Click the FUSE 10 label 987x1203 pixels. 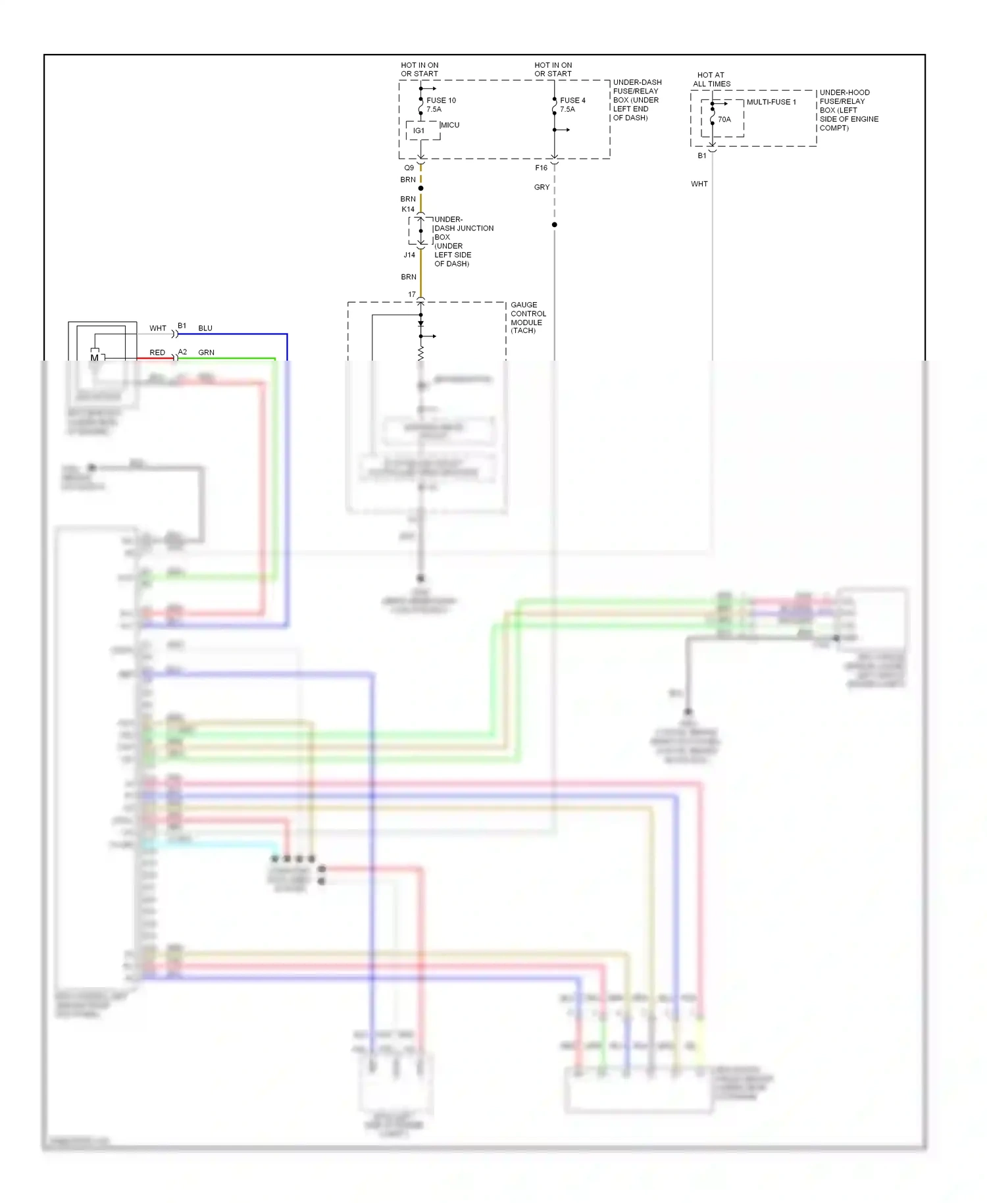point(441,101)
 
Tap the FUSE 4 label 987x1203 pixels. point(572,101)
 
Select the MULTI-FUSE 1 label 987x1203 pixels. point(771,102)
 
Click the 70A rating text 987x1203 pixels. point(724,120)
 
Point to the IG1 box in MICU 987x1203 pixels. point(418,131)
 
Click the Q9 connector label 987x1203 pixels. point(409,168)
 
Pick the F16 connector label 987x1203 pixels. point(541,168)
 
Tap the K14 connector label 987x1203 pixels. point(408,209)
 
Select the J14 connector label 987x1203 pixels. point(409,255)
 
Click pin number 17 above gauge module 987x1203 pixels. point(412,295)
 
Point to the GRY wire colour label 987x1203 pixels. point(542,188)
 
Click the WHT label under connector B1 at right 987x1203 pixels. point(699,184)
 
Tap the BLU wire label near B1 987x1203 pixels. point(205,328)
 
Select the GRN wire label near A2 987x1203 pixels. point(206,353)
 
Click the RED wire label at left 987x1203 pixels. point(157,353)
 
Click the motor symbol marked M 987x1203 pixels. point(95,358)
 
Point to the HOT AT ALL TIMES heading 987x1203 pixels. point(711,80)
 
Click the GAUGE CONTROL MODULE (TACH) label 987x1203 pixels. point(528,318)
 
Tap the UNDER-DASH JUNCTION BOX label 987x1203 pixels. point(463,242)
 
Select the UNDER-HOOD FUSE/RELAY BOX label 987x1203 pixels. point(848,110)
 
